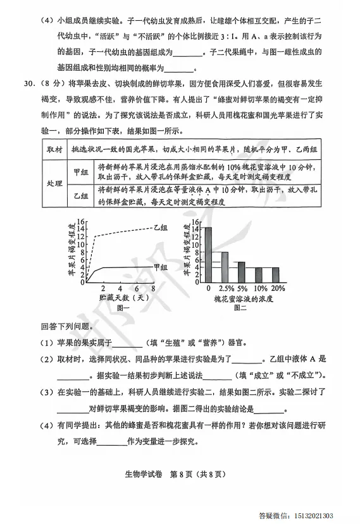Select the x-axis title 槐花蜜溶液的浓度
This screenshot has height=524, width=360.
[241, 297]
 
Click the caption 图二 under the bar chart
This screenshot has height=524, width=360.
[240, 308]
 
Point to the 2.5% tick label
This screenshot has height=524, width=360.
[224, 288]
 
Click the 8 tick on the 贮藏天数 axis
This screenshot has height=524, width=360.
[154, 288]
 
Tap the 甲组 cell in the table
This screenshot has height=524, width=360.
[80, 172]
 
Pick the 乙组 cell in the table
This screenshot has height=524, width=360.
[80, 196]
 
